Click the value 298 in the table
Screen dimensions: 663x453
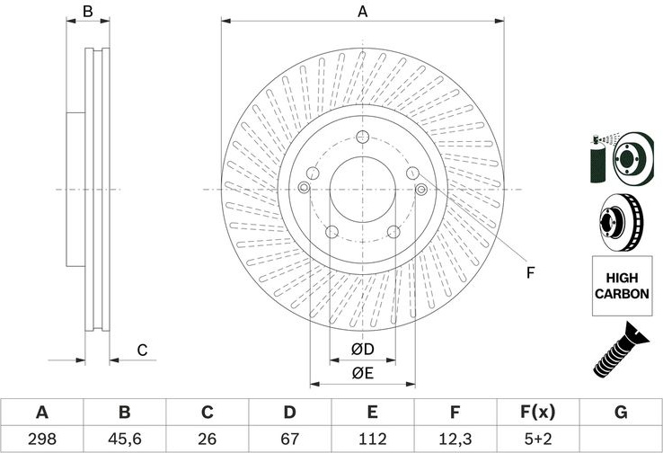(x=42, y=439)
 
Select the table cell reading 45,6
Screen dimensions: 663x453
(x=124, y=439)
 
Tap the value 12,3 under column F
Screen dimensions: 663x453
(x=455, y=439)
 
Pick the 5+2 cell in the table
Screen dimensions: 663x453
(x=538, y=439)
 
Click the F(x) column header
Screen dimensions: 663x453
(x=537, y=412)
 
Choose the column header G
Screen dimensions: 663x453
(x=621, y=412)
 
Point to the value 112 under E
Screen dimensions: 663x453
(x=373, y=439)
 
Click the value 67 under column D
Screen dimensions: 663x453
(x=289, y=439)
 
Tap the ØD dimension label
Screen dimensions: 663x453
(x=362, y=350)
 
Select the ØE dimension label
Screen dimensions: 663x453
(x=362, y=373)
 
